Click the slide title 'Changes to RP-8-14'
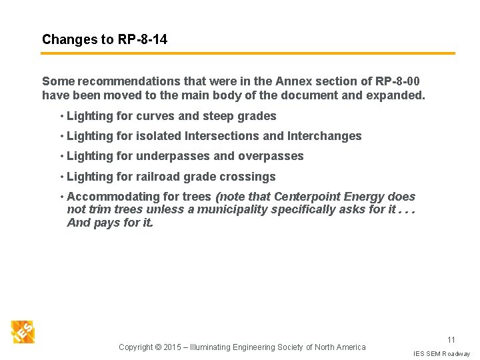coord(105,39)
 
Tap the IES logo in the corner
coord(23,331)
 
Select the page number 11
coord(451,340)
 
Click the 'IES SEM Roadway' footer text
coord(441,353)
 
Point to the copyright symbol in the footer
coord(158,347)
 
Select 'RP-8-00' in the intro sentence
coord(398,81)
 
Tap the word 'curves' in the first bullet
coord(154,116)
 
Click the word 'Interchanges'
coord(324,136)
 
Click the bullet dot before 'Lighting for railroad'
coord(61,177)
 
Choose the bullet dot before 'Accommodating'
coord(61,197)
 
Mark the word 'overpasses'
coord(273,156)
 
